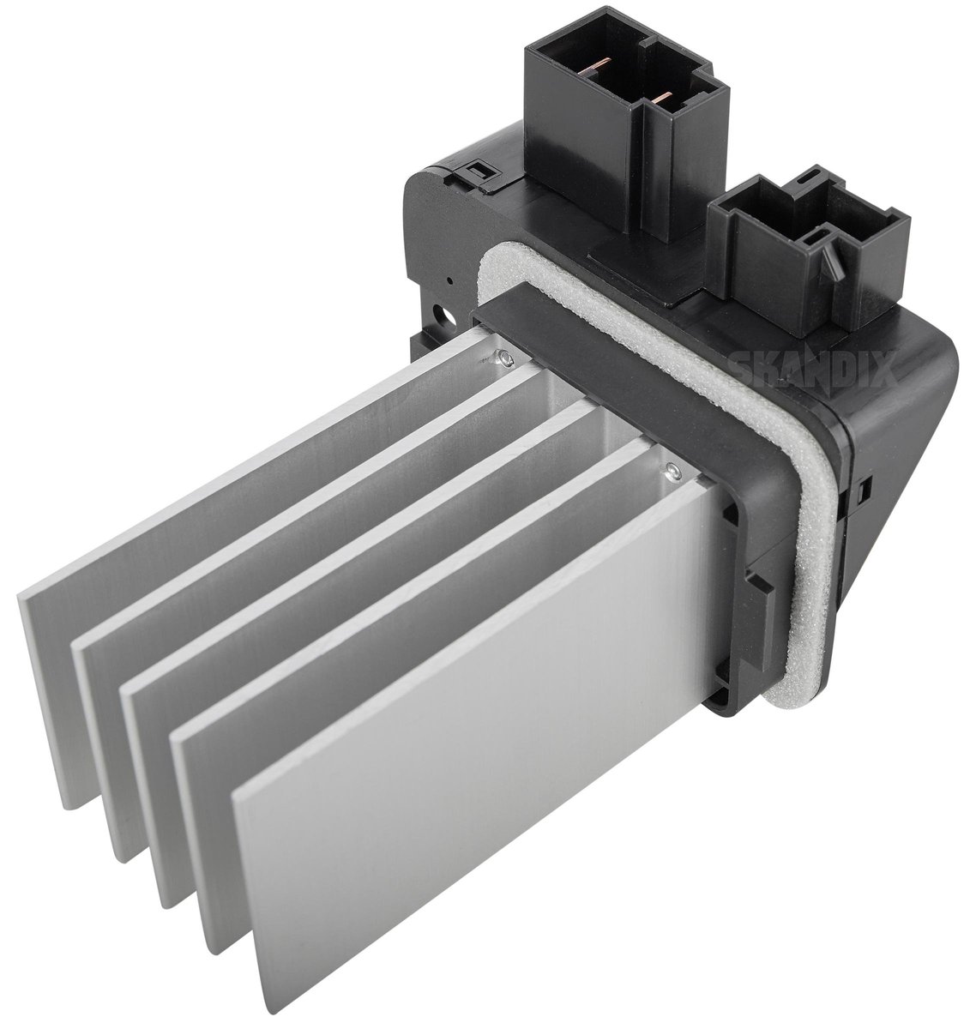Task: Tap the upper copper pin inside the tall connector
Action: tap(598, 66)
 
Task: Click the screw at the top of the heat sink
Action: tap(503, 357)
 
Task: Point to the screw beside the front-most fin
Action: tap(673, 473)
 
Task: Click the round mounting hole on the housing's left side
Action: tap(449, 316)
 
